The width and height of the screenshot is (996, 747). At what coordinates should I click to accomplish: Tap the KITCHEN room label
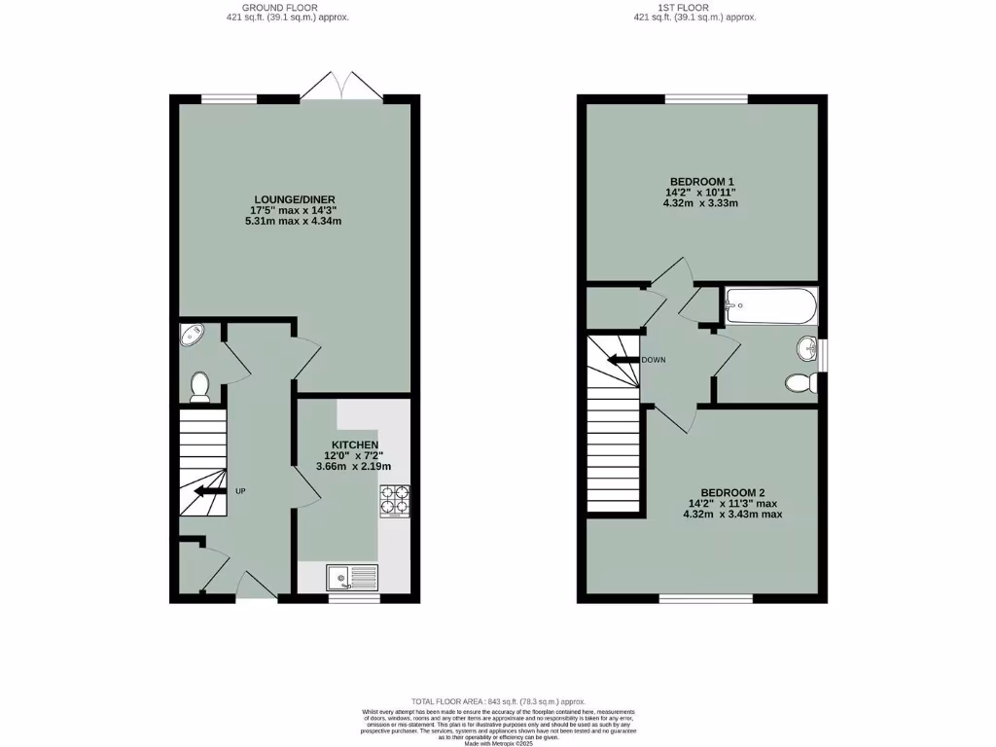pyautogui.click(x=354, y=445)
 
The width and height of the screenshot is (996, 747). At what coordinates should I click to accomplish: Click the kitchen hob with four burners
pyautogui.click(x=394, y=500)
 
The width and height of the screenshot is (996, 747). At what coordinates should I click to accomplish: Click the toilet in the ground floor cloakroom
pyautogui.click(x=200, y=387)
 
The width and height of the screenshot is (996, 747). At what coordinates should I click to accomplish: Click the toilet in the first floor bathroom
pyautogui.click(x=800, y=383)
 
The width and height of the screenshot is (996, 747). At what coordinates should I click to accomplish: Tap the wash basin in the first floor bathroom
pyautogui.click(x=806, y=348)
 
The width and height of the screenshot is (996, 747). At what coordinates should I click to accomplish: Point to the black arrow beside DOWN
pyautogui.click(x=621, y=360)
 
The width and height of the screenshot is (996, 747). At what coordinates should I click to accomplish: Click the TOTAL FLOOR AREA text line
pyautogui.click(x=497, y=700)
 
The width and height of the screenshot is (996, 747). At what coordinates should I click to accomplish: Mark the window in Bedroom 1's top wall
pyautogui.click(x=706, y=98)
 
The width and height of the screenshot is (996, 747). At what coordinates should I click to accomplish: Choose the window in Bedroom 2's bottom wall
pyautogui.click(x=707, y=598)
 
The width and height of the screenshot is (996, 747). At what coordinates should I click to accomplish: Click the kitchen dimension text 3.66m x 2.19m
pyautogui.click(x=354, y=467)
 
